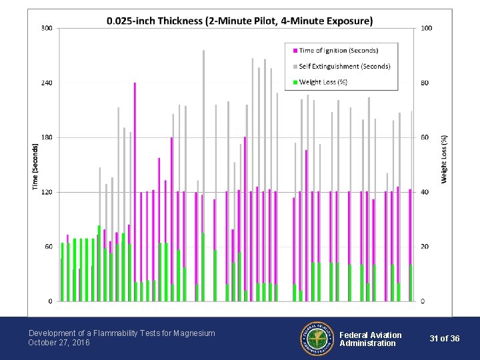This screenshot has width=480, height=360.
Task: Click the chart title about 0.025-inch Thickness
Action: [240, 21]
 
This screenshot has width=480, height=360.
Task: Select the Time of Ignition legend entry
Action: [338, 51]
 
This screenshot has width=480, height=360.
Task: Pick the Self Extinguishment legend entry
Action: [344, 66]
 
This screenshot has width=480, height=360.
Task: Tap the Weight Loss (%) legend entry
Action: [323, 82]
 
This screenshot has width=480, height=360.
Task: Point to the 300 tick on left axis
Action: [47, 28]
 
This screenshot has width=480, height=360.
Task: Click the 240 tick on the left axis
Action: [47, 83]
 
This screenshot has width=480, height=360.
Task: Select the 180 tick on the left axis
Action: [47, 137]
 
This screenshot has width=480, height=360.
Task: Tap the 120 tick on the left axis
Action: [47, 192]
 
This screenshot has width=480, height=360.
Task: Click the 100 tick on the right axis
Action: [427, 28]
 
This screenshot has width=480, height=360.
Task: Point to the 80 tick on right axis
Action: [425, 83]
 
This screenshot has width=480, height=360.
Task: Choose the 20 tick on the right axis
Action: [425, 247]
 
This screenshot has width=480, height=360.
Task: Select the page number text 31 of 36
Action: [445, 339]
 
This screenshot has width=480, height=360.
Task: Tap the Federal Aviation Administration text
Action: [371, 339]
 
